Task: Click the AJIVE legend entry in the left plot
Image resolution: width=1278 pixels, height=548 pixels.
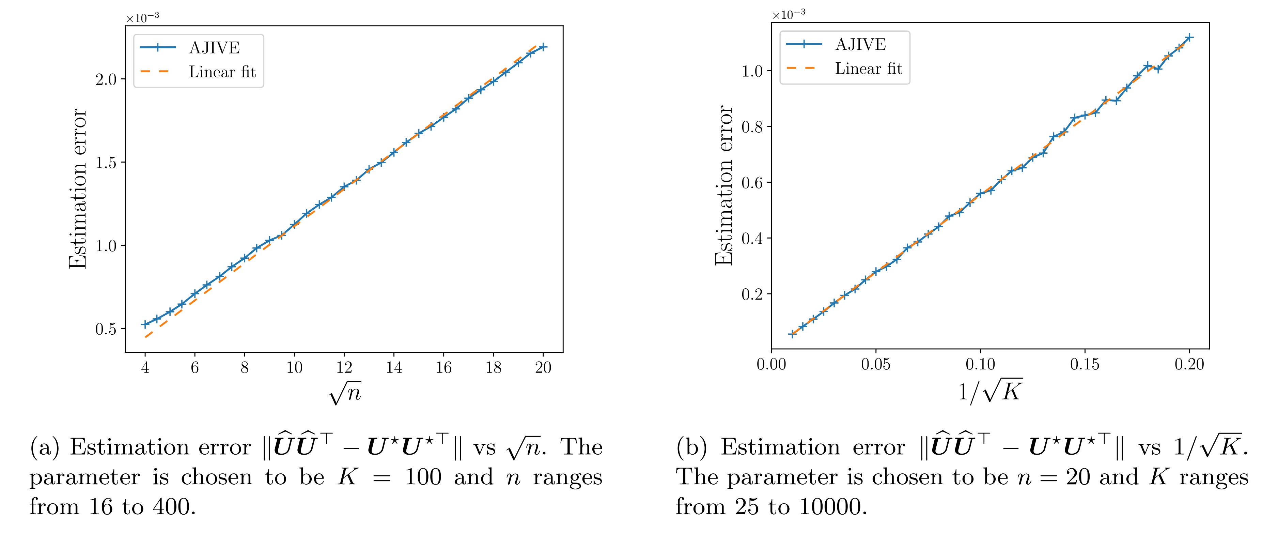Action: point(214,48)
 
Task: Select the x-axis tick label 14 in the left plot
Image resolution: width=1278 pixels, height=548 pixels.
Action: point(394,367)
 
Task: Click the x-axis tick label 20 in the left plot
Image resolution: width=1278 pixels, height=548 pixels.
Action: point(543,367)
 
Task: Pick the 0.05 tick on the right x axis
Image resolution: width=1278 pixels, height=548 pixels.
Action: point(876,364)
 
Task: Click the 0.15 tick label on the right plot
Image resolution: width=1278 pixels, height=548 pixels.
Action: point(1085,364)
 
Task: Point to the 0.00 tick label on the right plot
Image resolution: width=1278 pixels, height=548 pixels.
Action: point(772,364)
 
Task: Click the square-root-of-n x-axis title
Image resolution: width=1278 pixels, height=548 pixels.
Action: point(345,394)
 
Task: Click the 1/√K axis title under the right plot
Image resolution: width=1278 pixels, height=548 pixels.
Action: point(990,391)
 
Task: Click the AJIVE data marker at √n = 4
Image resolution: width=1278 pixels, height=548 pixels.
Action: point(145,324)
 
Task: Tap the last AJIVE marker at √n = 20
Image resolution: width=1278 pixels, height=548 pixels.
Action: point(543,47)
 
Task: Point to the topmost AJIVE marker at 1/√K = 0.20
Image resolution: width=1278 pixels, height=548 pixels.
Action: point(1189,37)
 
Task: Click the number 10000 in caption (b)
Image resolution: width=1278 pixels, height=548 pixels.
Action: point(833,507)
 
